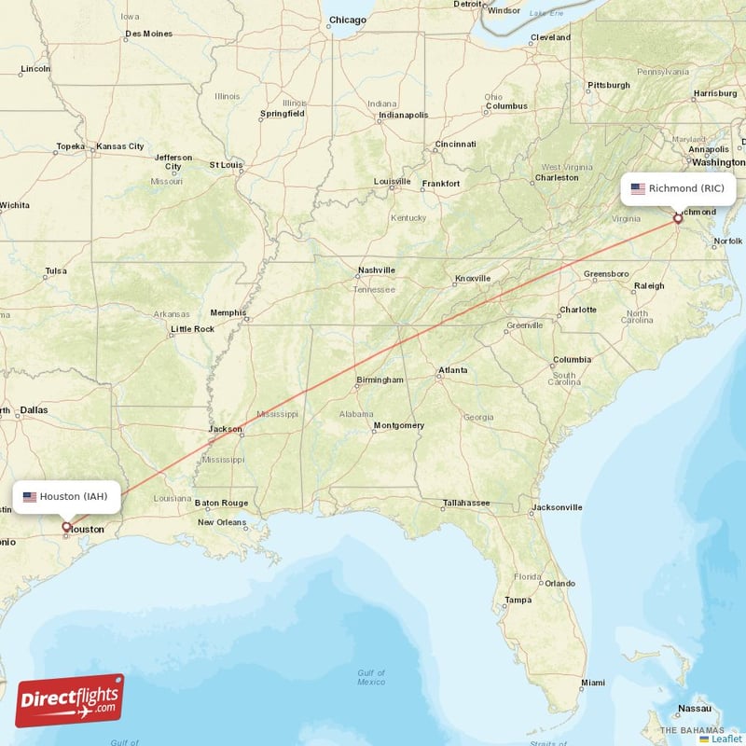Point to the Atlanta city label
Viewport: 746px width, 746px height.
(453, 370)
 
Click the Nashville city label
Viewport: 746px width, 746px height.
(377, 270)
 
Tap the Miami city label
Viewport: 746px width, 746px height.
(592, 683)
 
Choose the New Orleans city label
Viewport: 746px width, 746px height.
(222, 522)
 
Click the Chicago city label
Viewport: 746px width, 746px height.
(348, 20)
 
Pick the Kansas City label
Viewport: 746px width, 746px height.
(120, 146)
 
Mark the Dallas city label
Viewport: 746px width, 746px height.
(33, 409)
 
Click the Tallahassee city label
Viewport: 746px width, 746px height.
(466, 503)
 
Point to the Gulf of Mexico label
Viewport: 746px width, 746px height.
(371, 677)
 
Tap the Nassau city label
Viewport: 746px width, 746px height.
(696, 709)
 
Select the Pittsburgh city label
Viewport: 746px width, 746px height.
(609, 86)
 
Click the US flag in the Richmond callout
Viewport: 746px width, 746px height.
(638, 188)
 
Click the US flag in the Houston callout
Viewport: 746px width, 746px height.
(30, 496)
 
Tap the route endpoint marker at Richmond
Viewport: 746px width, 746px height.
(678, 220)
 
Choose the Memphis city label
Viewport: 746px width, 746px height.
(228, 312)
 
